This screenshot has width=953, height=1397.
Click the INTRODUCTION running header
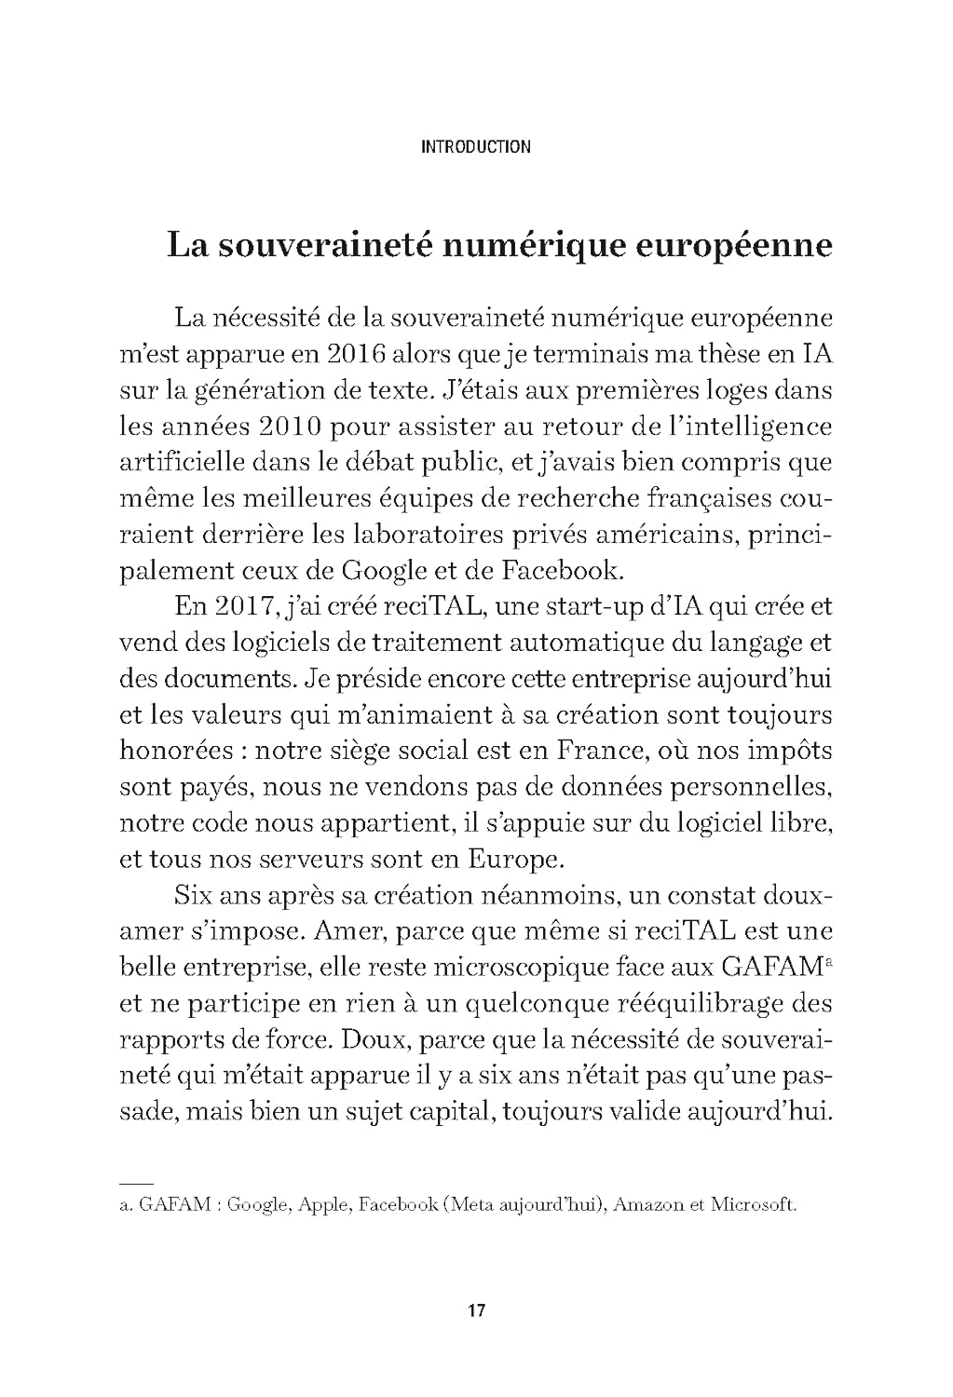click(x=475, y=146)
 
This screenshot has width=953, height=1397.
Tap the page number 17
click(x=476, y=1311)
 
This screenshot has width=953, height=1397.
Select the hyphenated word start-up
click(x=561, y=607)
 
